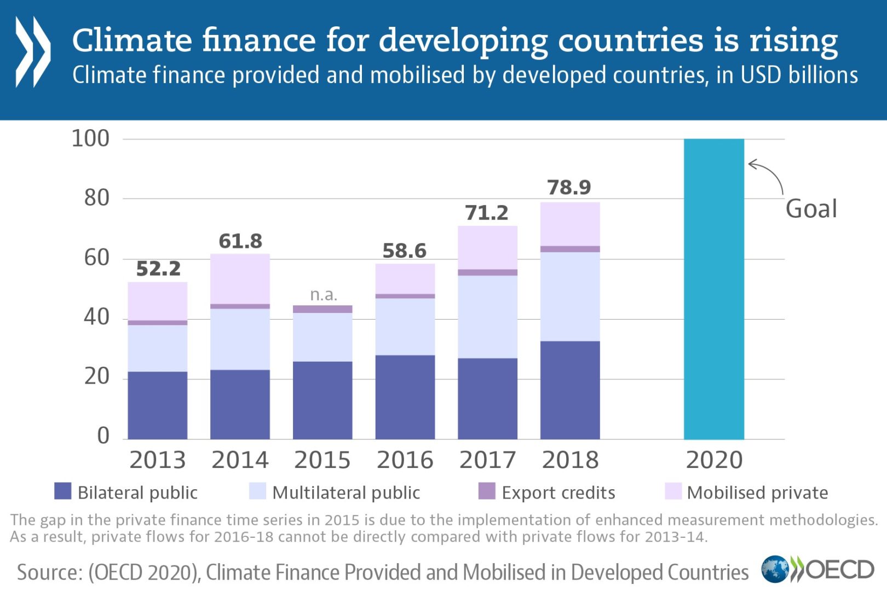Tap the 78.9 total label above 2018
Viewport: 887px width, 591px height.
pos(569,188)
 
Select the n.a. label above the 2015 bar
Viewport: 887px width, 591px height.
pos(323,295)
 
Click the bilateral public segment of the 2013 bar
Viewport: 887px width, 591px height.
pos(158,405)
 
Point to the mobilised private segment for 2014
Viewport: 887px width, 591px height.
pos(240,279)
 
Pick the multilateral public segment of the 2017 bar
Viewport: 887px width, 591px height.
pos(487,316)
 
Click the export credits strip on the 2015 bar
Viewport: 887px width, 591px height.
pos(322,309)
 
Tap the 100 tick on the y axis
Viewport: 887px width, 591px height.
pos(90,138)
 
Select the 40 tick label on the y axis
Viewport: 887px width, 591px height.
pos(96,317)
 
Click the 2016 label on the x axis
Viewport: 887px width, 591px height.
pos(405,460)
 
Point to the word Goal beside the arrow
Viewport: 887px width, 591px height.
pos(811,209)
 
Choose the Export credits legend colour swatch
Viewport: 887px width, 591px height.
pos(487,491)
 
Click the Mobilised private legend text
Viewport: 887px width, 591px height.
pos(757,493)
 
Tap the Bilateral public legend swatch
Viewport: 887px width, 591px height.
pos(63,491)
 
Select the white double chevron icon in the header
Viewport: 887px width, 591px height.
pos(33,52)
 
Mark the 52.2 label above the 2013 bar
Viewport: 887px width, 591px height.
pos(158,269)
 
